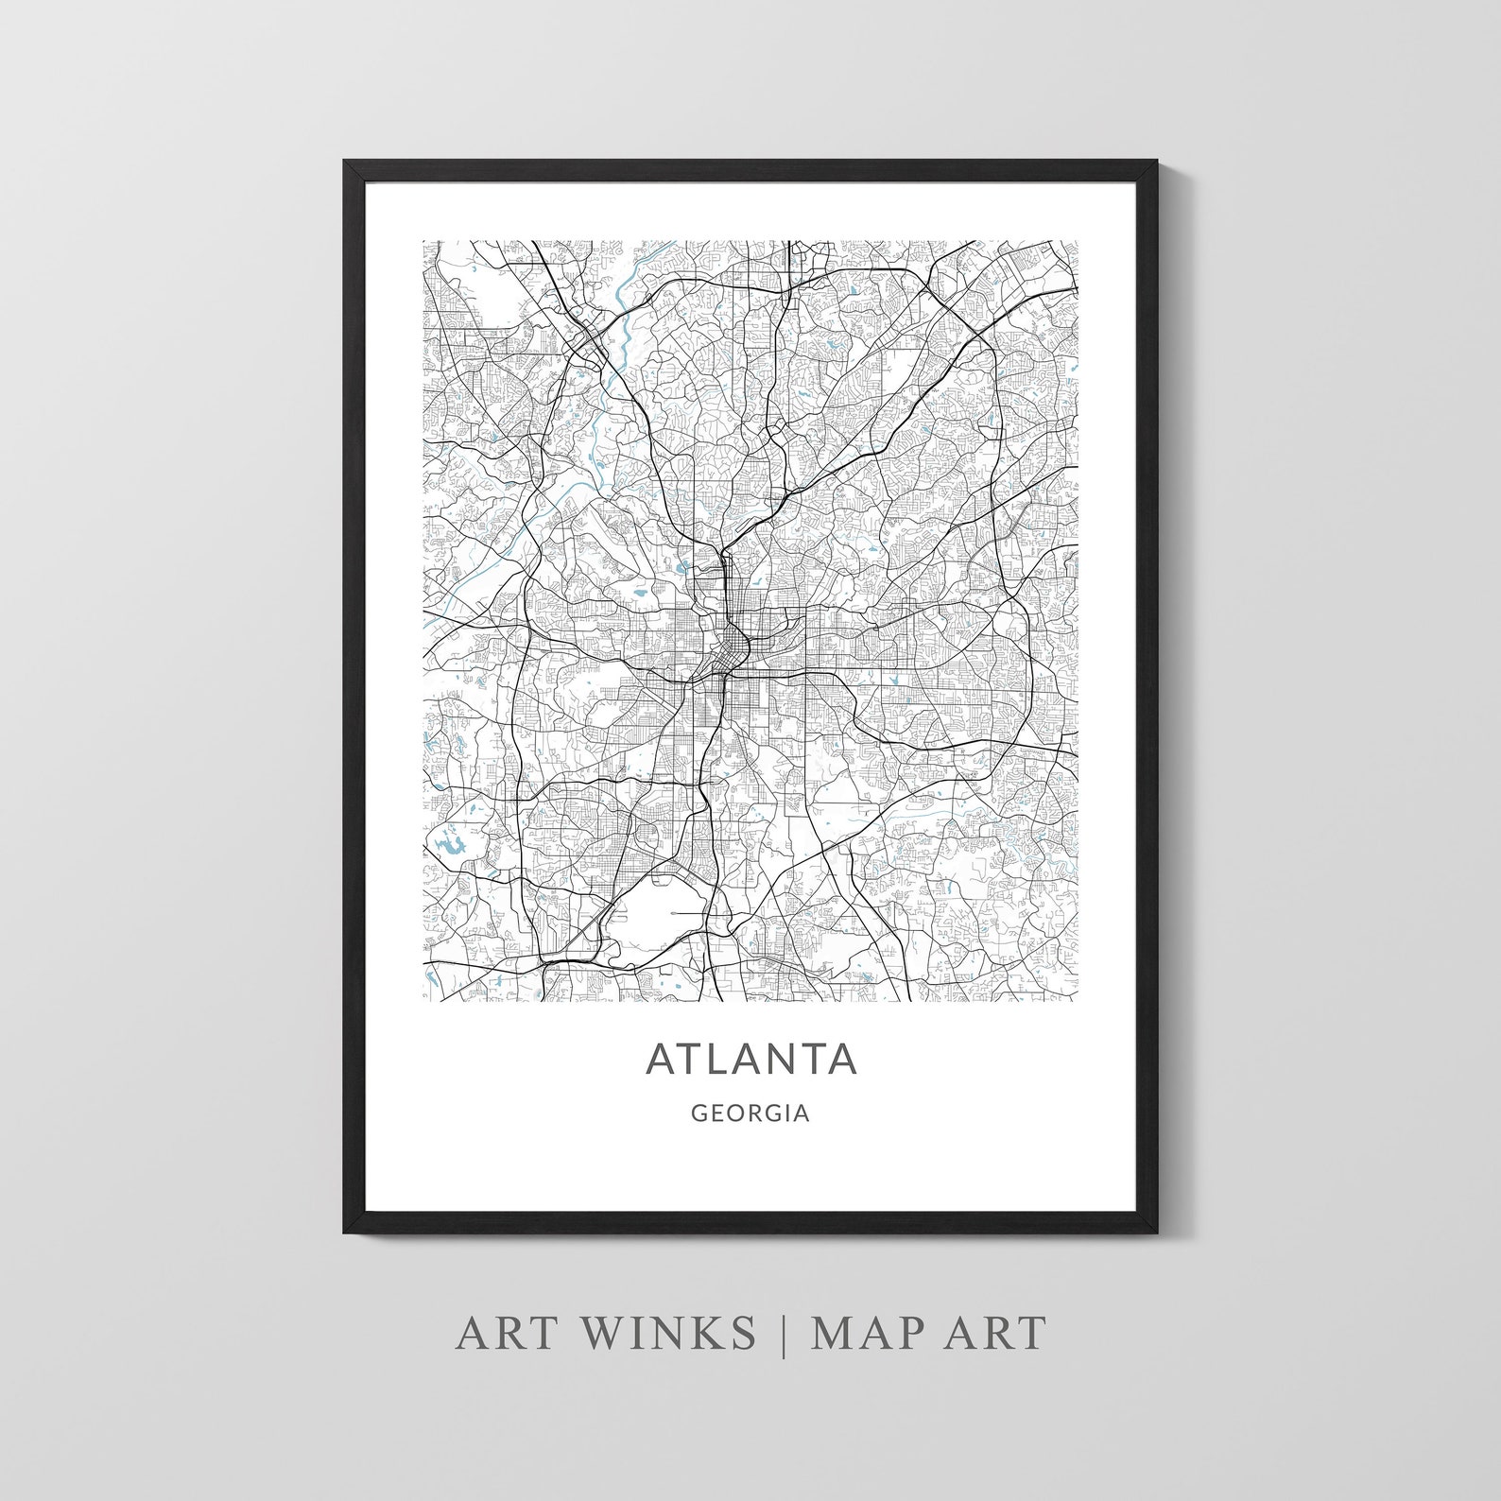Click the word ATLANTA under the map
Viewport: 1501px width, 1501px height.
point(751,1059)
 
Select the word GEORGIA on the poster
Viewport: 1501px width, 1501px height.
point(750,1114)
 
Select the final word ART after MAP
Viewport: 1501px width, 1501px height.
point(1000,1333)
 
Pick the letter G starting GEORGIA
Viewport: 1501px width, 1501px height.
point(699,1114)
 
